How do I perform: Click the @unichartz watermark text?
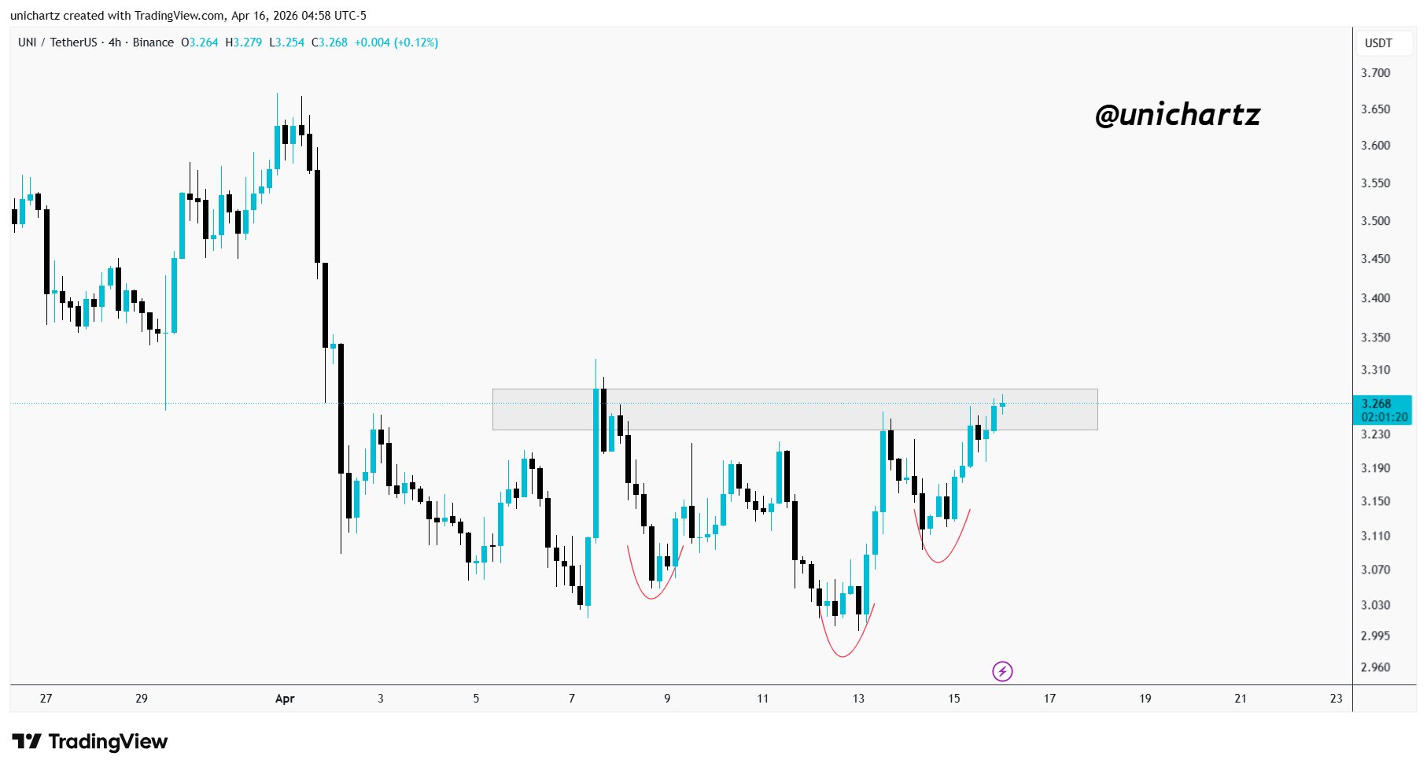(1177, 116)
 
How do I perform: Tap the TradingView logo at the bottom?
(90, 742)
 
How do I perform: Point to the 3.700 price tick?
(1375, 73)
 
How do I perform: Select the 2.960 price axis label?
(1375, 667)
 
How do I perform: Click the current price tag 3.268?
(1377, 404)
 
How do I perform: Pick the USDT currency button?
(1378, 43)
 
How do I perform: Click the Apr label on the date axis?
(285, 699)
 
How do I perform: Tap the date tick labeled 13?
(858, 699)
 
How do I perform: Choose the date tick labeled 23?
(1336, 699)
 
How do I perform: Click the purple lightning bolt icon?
(1002, 671)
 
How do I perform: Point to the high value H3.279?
(243, 42)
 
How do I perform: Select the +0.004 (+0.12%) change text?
(396, 42)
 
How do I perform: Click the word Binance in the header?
(153, 42)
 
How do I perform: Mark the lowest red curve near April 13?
(843, 655)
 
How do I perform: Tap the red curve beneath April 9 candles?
(651, 597)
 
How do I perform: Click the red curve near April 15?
(938, 561)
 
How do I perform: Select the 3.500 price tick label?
(1375, 221)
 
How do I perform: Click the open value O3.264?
(199, 42)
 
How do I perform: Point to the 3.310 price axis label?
(1375, 370)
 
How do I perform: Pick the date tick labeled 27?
(46, 699)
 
